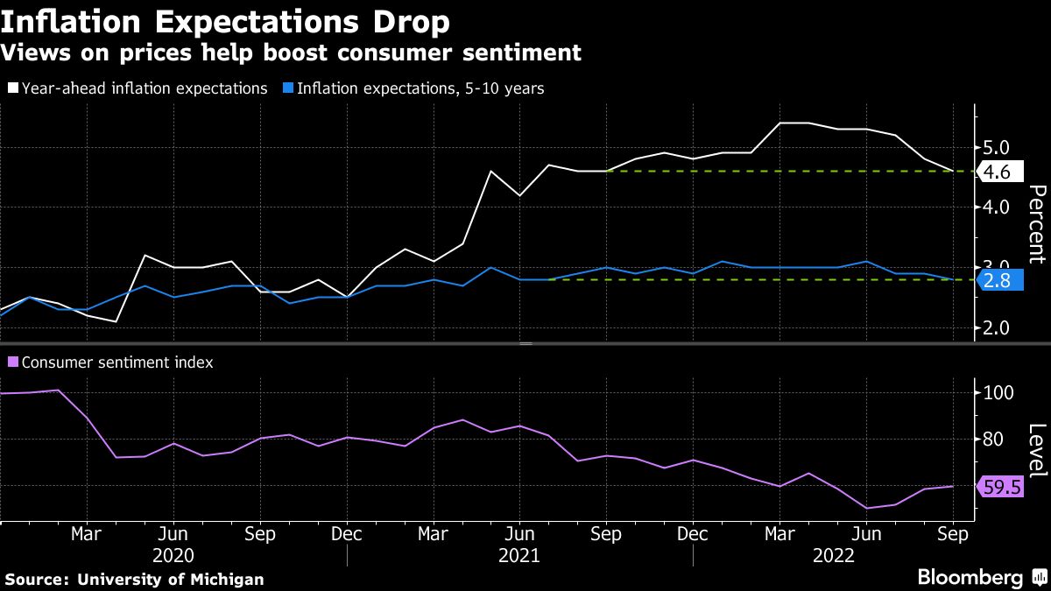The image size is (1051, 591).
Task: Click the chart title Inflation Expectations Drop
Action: pyautogui.click(x=226, y=21)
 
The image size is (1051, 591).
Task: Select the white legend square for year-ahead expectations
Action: pyautogui.click(x=12, y=88)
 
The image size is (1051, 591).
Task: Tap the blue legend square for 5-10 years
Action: pyautogui.click(x=288, y=88)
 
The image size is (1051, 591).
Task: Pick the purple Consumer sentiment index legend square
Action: pyautogui.click(x=12, y=362)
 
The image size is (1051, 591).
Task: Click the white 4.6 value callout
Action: pyautogui.click(x=998, y=172)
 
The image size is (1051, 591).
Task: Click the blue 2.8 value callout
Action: pyautogui.click(x=998, y=280)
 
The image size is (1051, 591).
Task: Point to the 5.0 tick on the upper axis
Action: pyautogui.click(x=997, y=147)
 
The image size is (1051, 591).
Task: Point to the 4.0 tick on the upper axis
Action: pyautogui.click(x=997, y=208)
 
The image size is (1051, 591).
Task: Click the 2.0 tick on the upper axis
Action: pyautogui.click(x=997, y=327)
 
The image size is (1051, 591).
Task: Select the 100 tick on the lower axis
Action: pyautogui.click(x=998, y=392)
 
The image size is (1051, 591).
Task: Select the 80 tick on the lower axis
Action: pyautogui.click(x=995, y=439)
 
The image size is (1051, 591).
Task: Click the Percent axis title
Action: pyautogui.click(x=1036, y=224)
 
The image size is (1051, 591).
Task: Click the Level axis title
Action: pyautogui.click(x=1036, y=450)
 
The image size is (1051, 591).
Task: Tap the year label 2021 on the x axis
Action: pyautogui.click(x=519, y=555)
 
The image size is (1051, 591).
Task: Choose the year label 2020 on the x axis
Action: pyautogui.click(x=173, y=555)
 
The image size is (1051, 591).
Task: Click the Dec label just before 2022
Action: pyautogui.click(x=693, y=533)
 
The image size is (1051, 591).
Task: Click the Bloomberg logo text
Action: pyautogui.click(x=970, y=578)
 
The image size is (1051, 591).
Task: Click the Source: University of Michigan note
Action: pyautogui.click(x=134, y=580)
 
